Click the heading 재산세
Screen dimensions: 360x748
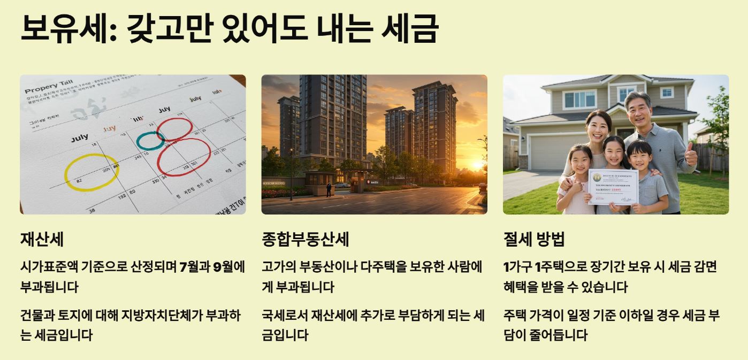click(x=42, y=239)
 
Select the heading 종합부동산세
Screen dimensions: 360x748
click(x=305, y=239)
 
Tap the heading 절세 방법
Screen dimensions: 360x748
click(x=534, y=239)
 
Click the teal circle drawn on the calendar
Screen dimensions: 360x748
click(x=150, y=141)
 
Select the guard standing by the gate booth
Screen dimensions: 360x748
click(x=329, y=190)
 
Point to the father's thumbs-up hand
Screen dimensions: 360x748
click(x=691, y=155)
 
